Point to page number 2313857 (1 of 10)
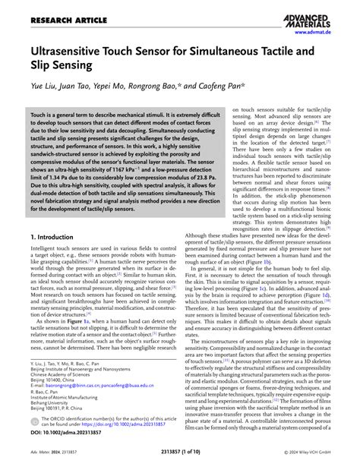[179, 463]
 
